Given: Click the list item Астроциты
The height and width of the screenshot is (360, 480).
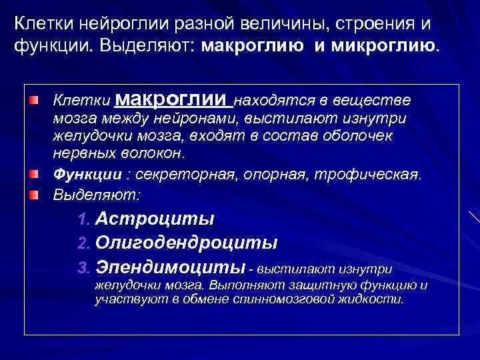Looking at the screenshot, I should [155, 219].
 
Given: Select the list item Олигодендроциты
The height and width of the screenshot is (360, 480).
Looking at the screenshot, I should [187, 243].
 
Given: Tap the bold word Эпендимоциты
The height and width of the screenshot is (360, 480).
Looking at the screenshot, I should [171, 268].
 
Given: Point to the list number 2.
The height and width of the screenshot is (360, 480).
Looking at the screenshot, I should [83, 243].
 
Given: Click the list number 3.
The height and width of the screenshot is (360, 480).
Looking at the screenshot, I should [83, 269].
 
